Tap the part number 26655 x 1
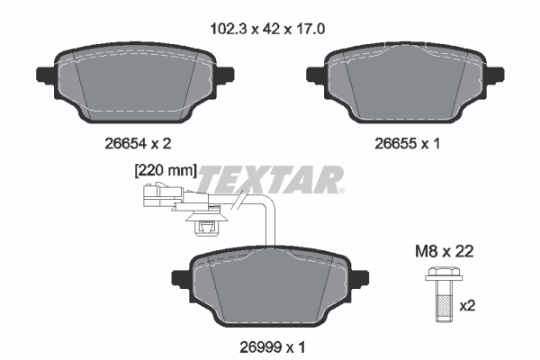click(x=407, y=141)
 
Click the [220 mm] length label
click(x=165, y=168)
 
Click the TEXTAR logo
click(x=270, y=178)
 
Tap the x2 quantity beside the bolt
click(x=467, y=305)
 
